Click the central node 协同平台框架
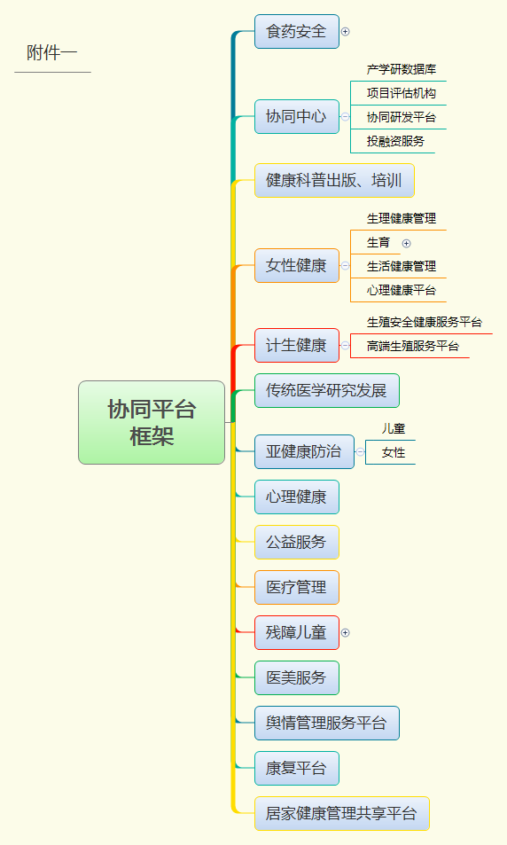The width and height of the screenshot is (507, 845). coord(152,422)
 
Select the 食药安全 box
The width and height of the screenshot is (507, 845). coord(296,31)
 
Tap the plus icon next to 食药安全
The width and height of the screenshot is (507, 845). coord(346,32)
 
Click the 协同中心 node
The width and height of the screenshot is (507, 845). coord(296,116)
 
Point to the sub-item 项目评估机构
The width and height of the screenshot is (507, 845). coord(402,93)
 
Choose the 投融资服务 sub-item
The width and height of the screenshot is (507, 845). coord(395,141)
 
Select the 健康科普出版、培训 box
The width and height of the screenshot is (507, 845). coord(334,181)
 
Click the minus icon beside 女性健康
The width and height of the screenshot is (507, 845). coord(346,266)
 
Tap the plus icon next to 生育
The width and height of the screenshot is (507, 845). coord(406,244)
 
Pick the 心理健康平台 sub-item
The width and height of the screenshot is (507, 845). coord(402,291)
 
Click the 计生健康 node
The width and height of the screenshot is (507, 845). coord(296,346)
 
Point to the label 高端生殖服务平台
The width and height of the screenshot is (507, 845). coord(413,346)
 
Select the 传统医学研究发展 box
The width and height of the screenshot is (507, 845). coord(326,391)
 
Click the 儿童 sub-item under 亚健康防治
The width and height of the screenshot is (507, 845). coord(394,429)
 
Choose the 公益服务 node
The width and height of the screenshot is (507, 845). coord(296,542)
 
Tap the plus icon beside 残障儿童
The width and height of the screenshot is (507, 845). coord(346,633)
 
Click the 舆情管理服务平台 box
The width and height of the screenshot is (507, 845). coord(326,724)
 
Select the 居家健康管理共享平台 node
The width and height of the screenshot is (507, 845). coord(341,814)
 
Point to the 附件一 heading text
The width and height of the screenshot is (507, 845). coord(52,53)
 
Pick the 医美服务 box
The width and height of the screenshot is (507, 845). coord(296,678)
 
